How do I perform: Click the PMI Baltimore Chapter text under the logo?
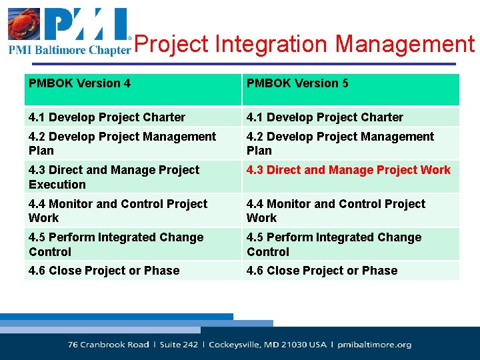coord(69,50)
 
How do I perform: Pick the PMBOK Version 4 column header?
coord(79,83)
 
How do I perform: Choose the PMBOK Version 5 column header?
coord(297,83)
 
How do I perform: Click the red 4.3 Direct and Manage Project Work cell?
coord(349,170)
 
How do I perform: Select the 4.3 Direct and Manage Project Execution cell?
coord(114,177)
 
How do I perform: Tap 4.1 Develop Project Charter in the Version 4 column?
coord(107,117)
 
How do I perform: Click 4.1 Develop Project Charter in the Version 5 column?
coord(325,117)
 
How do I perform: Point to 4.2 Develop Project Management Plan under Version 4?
coord(122,143)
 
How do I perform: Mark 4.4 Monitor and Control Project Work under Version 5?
coord(335,211)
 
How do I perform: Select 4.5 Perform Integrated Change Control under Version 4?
coord(116,244)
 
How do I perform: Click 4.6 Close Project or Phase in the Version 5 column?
coord(322,271)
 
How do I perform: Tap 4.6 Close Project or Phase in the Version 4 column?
coord(104,271)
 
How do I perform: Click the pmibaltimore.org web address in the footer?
coord(374,345)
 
